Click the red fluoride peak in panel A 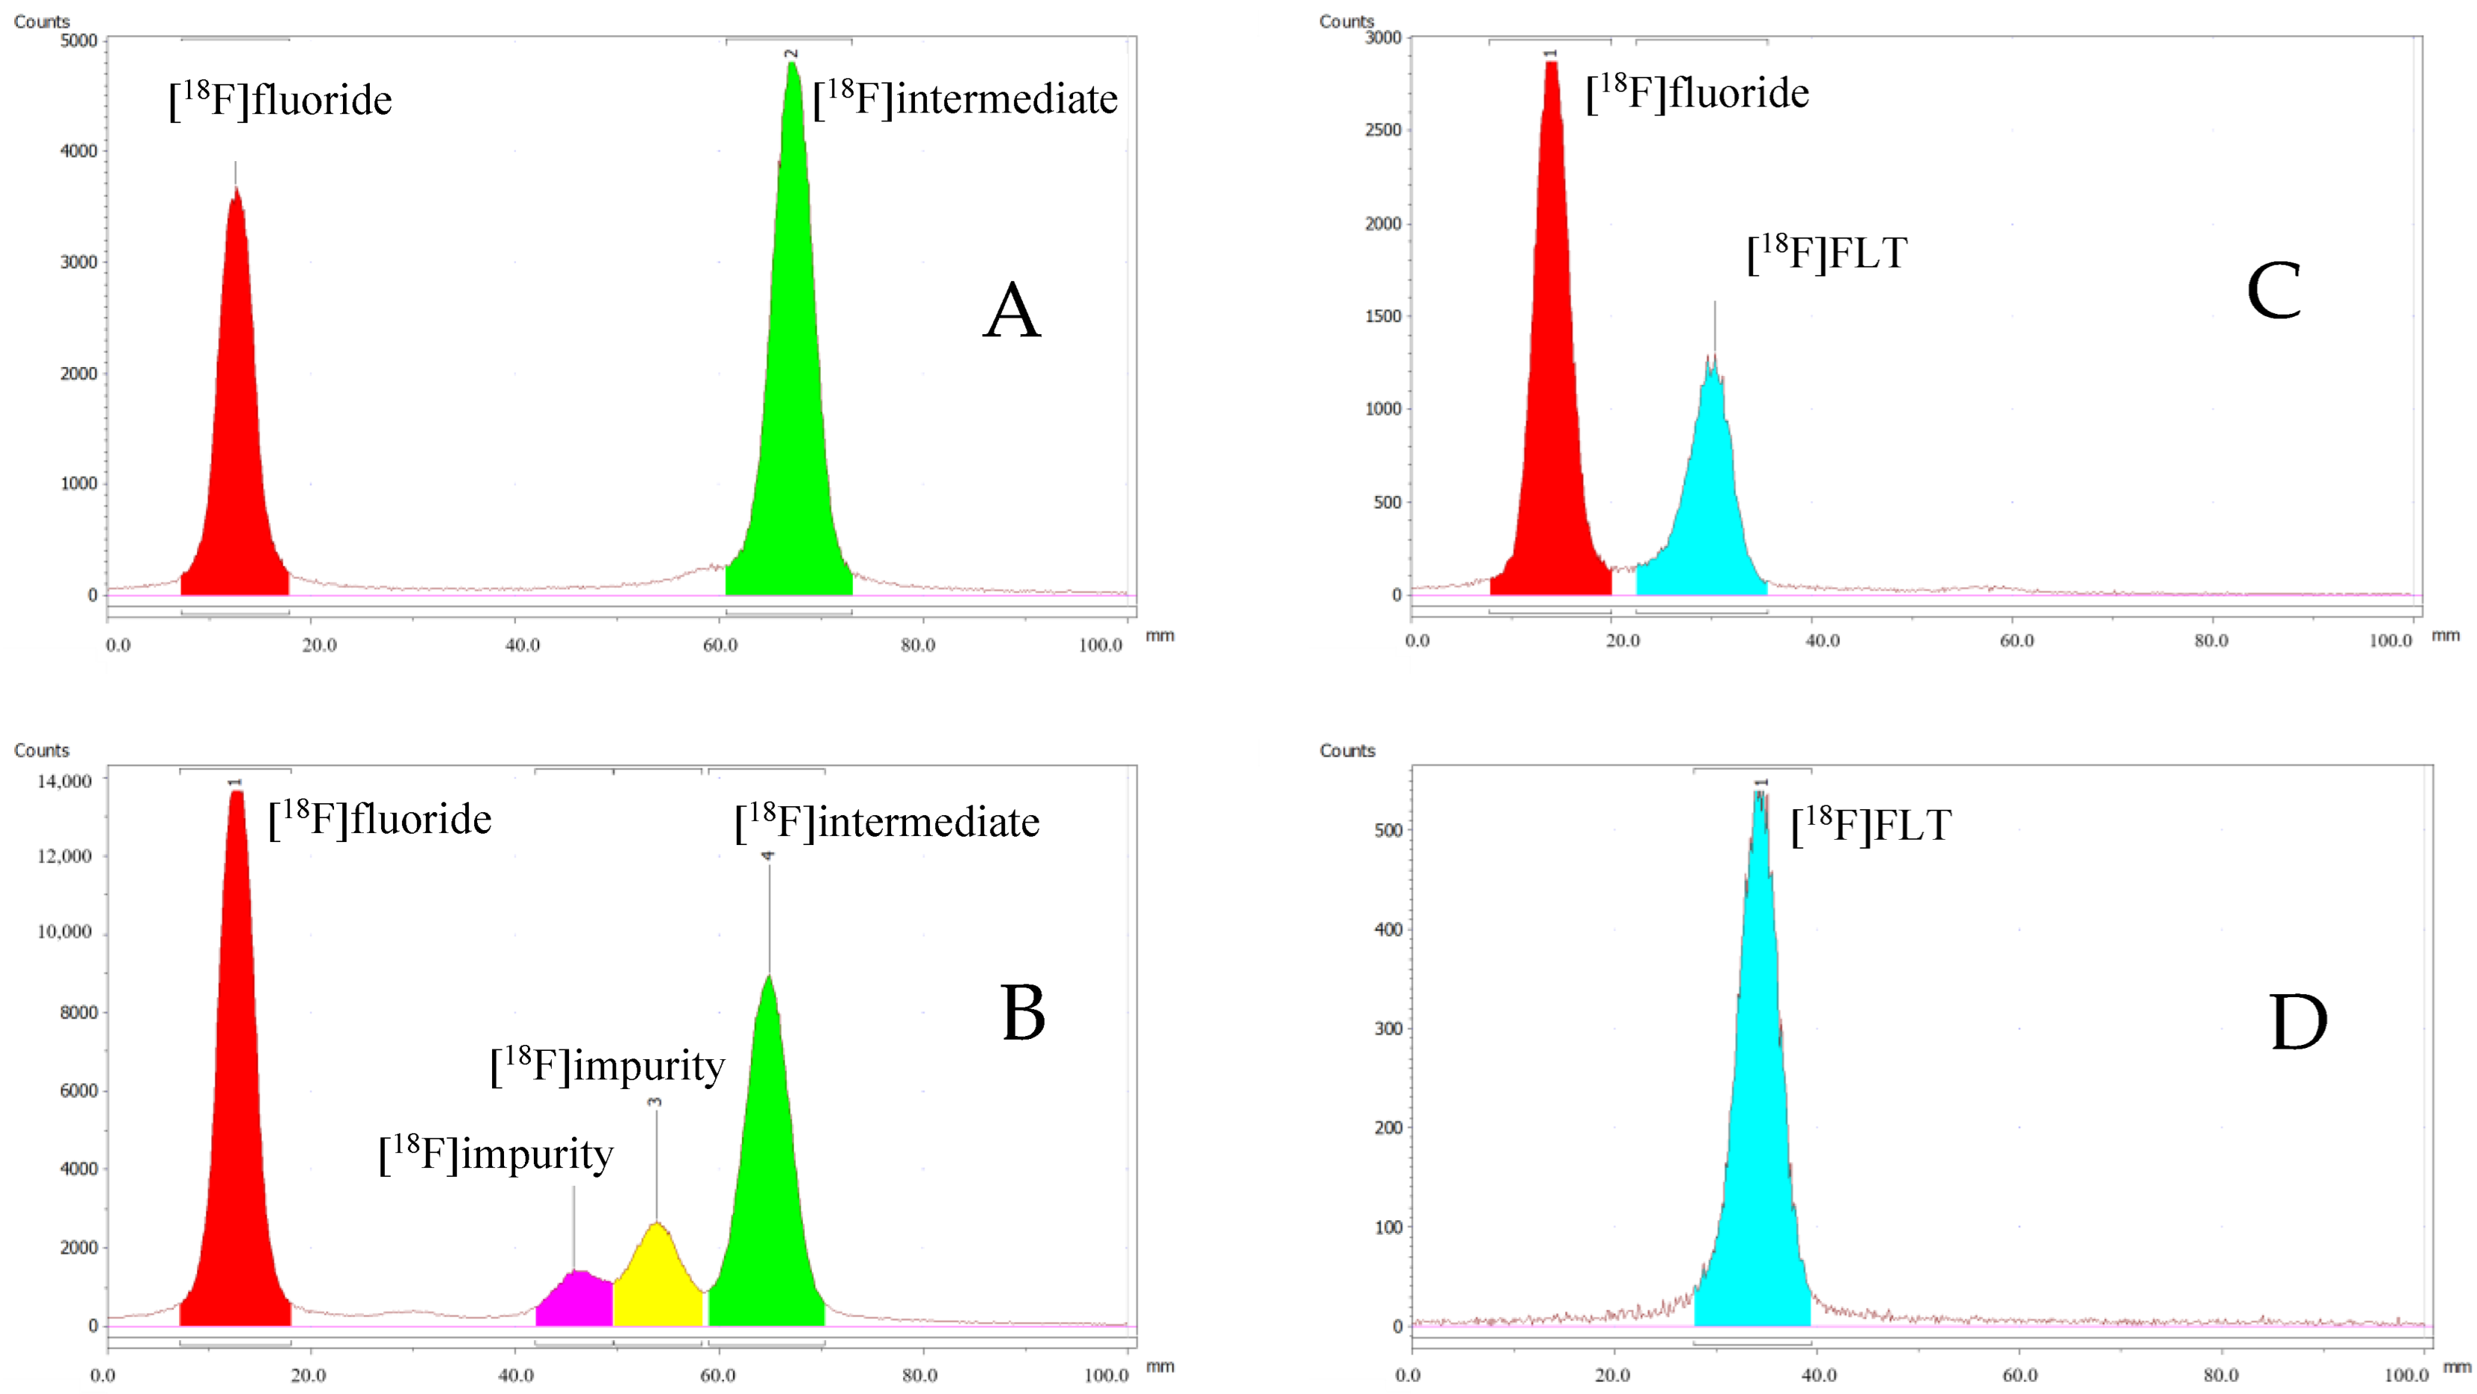pyautogui.click(x=236, y=433)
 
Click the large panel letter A pyautogui.click(x=1012, y=312)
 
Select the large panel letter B pyautogui.click(x=1022, y=1014)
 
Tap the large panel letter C pyautogui.click(x=2273, y=291)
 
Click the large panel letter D pyautogui.click(x=2298, y=1023)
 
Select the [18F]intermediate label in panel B pyautogui.click(x=887, y=823)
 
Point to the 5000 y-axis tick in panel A pyautogui.click(x=79, y=40)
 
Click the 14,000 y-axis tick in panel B pyautogui.click(x=64, y=781)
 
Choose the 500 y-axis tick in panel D pyautogui.click(x=1388, y=830)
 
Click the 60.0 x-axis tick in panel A pyautogui.click(x=720, y=644)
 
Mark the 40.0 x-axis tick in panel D pyautogui.click(x=1819, y=1375)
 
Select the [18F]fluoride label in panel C pyautogui.click(x=1697, y=93)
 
